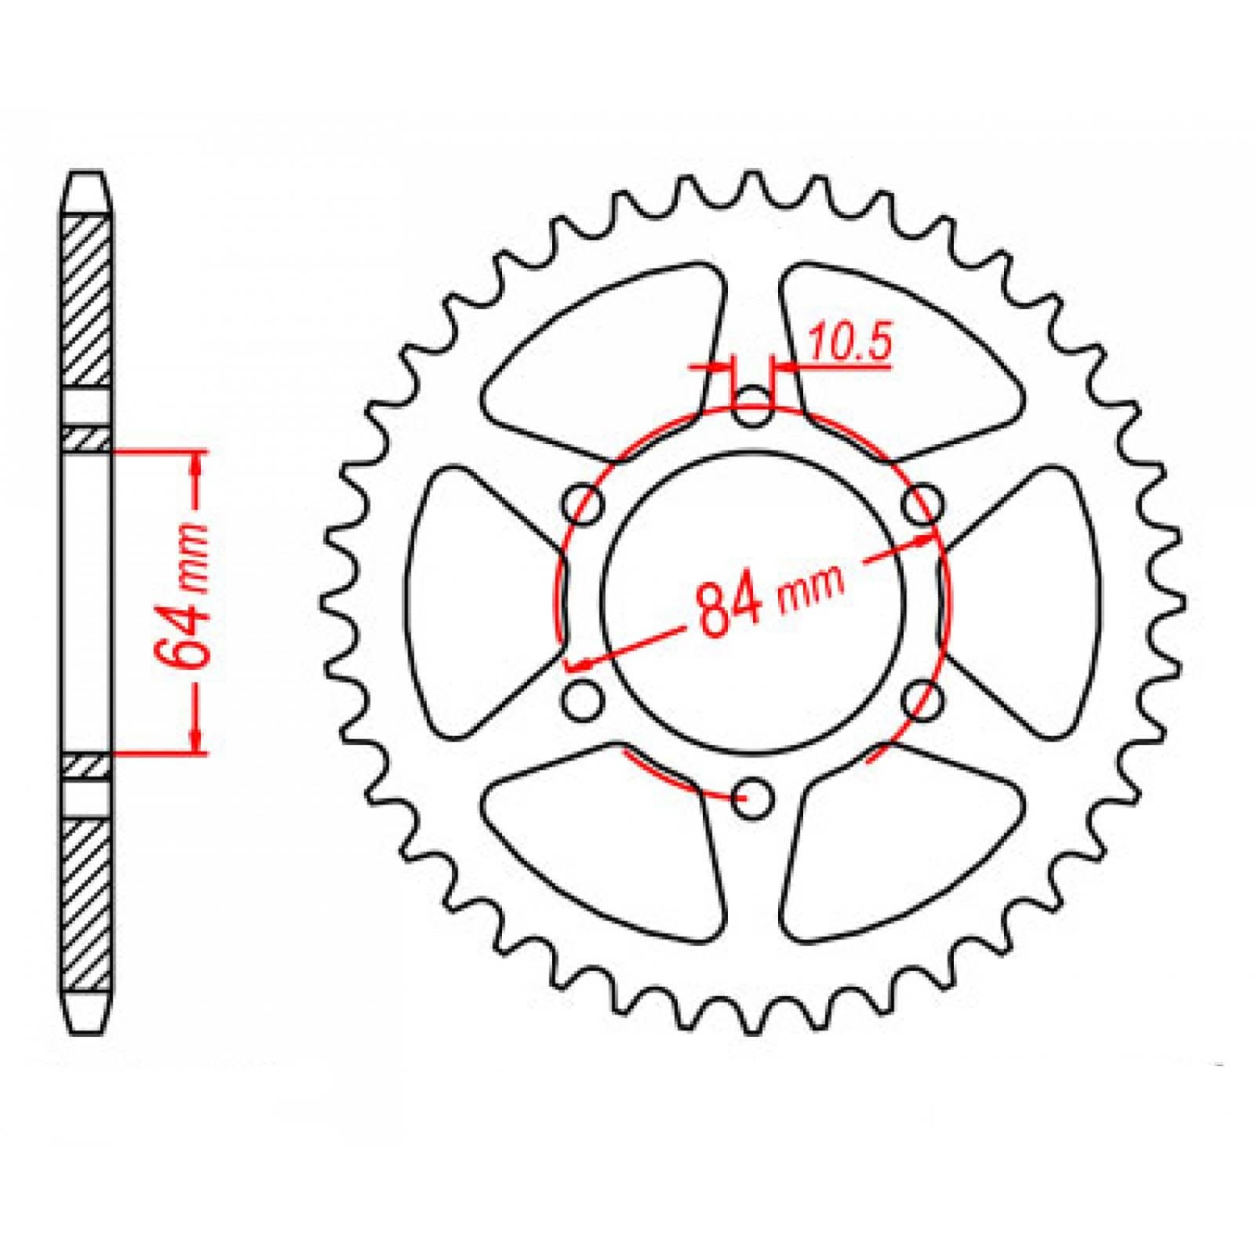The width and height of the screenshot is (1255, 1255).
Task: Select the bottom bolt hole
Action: click(x=753, y=799)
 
